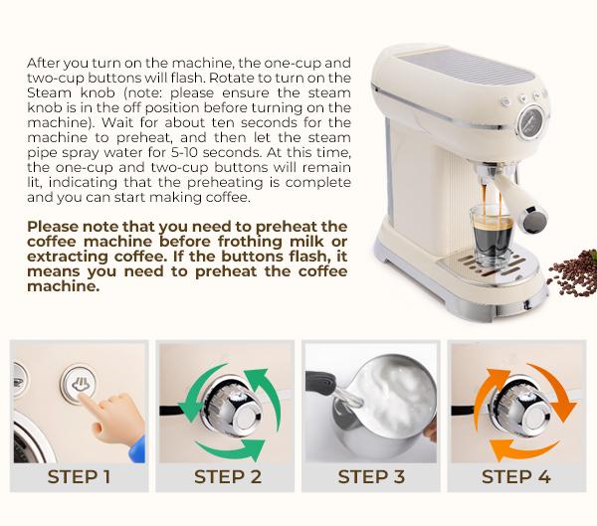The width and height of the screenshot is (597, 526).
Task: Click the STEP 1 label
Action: [x=79, y=477]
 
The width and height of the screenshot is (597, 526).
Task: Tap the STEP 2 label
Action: [x=228, y=477]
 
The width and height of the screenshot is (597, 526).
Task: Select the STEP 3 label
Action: [x=371, y=477]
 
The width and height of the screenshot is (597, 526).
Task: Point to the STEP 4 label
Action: [x=516, y=477]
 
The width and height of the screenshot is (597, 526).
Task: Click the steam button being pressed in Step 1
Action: [x=79, y=384]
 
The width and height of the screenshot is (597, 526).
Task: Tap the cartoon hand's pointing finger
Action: [x=89, y=405]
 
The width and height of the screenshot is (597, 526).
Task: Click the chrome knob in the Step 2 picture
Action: [x=232, y=408]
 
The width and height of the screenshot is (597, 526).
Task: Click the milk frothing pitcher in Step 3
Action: [x=384, y=408]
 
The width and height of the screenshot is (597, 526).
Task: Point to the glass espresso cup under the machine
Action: [x=492, y=235]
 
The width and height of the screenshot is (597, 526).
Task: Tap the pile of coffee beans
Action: [x=574, y=272]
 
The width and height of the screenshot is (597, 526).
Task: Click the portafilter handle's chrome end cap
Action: [x=535, y=220]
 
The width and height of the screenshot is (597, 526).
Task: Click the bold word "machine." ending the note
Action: [x=64, y=286]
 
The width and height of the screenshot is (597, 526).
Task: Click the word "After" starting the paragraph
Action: [x=43, y=63]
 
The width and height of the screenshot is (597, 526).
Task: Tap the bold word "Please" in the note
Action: [x=53, y=227]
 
